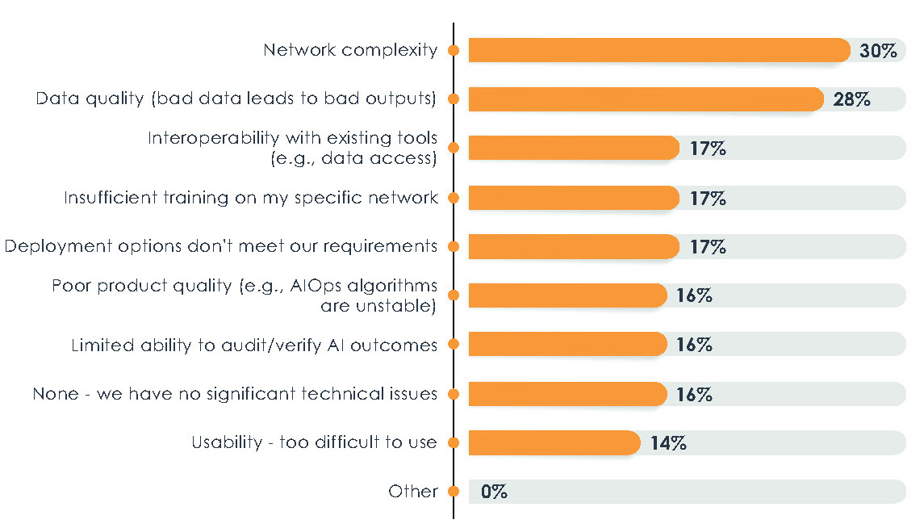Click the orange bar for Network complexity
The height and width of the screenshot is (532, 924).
[x=658, y=50]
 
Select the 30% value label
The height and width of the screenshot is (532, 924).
[x=878, y=51]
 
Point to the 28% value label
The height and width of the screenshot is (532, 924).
[x=851, y=100]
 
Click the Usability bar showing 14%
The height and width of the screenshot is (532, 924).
[x=553, y=442]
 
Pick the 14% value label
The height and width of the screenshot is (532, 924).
[x=668, y=443]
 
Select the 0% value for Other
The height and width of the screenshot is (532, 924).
[x=494, y=492]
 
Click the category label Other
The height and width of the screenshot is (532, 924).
[x=412, y=491]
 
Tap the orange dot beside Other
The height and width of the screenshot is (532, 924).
[x=454, y=492]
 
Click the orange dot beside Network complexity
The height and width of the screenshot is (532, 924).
[x=454, y=50]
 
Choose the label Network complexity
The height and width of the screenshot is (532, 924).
[x=350, y=50]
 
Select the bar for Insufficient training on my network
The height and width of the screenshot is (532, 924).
[x=573, y=198]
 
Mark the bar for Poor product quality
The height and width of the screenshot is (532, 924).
[x=567, y=295]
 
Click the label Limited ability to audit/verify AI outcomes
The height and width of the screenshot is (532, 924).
[x=254, y=346]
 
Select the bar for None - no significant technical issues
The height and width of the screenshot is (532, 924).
[x=567, y=394]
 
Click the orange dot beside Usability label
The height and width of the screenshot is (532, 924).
[x=454, y=442]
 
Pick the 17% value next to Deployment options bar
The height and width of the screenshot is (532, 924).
[x=709, y=247]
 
